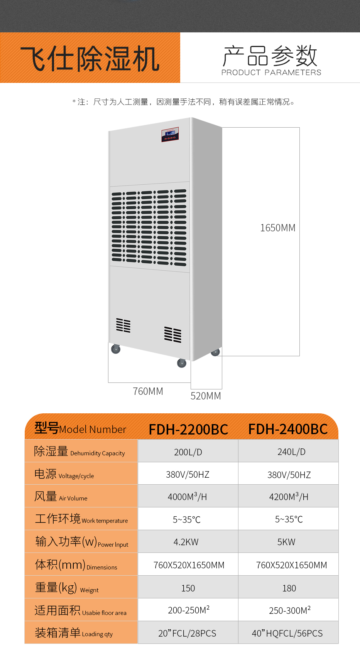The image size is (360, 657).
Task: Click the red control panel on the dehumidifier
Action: point(170,135)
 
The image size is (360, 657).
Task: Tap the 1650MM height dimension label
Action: point(278,228)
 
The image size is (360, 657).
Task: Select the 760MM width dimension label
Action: point(148,391)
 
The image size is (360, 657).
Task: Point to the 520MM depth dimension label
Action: point(206,396)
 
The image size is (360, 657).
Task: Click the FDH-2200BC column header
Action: point(188,430)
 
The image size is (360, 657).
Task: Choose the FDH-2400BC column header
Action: point(288,429)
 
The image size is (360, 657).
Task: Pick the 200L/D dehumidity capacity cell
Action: point(188,452)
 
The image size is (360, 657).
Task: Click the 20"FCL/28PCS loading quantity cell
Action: point(188,633)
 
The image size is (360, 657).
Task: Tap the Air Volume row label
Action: point(61,496)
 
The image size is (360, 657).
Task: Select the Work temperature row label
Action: point(81,519)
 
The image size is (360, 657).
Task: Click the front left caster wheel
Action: point(116,349)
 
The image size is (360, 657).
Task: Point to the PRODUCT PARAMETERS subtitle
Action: point(271,72)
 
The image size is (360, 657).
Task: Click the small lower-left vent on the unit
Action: point(123,325)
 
